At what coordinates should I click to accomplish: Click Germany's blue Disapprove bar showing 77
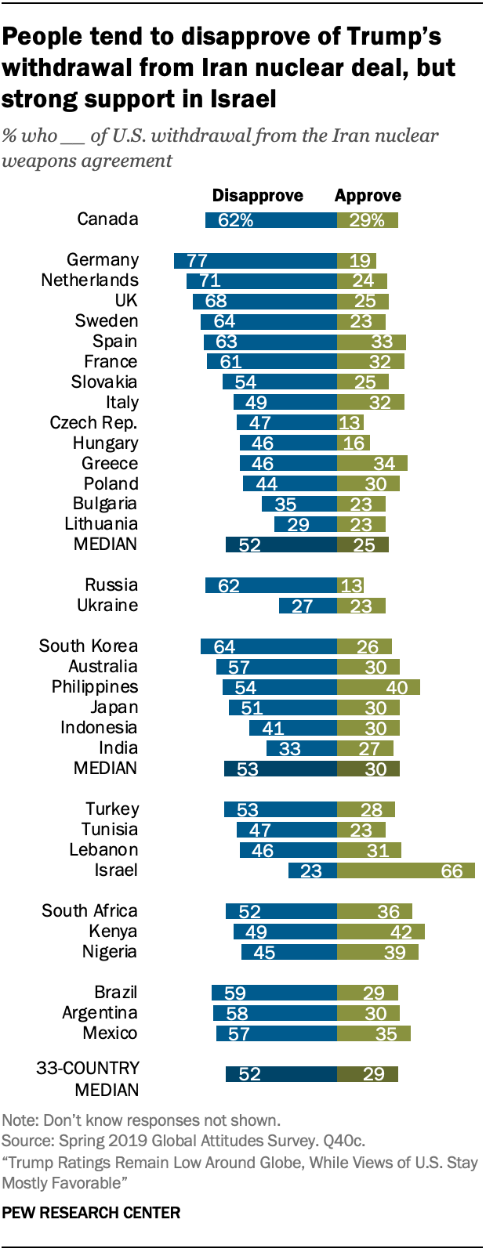[x=256, y=261]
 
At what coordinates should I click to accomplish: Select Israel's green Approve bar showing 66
[x=405, y=870]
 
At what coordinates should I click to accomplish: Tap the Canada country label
[x=107, y=219]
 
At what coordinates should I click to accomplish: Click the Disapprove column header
[x=257, y=196]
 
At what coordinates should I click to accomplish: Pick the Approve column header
[x=368, y=196]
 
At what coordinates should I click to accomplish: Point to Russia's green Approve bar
[x=350, y=585]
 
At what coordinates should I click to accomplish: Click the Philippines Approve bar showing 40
[x=378, y=687]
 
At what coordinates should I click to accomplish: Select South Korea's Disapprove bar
[x=269, y=646]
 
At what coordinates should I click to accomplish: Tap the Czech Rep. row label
[x=93, y=423]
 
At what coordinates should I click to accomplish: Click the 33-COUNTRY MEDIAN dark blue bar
[x=281, y=1074]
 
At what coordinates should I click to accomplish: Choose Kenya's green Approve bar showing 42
[x=380, y=932]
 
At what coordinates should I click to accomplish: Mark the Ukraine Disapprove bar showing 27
[x=308, y=606]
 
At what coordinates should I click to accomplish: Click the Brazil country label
[x=115, y=993]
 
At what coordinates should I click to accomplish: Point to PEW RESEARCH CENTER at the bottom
[x=91, y=1213]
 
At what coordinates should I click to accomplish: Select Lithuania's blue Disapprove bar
[x=306, y=524]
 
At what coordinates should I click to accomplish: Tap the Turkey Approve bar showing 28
[x=365, y=809]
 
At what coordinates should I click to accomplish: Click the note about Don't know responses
[x=141, y=1120]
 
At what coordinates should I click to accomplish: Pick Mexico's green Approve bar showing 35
[x=373, y=1033]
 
